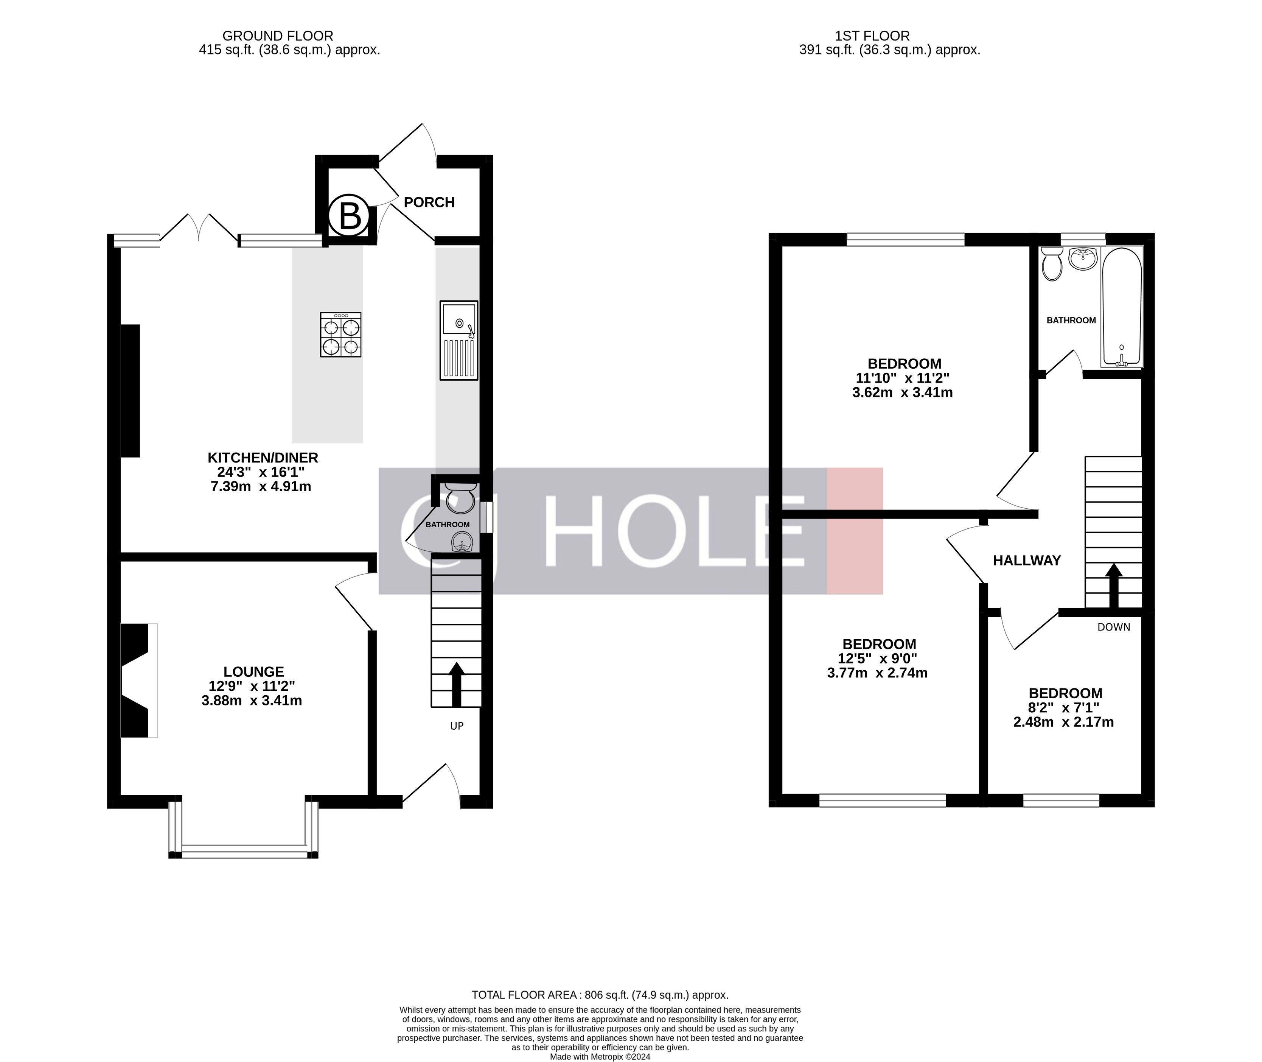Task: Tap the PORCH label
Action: click(429, 202)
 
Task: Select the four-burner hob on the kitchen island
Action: click(340, 335)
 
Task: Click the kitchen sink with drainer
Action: click(458, 340)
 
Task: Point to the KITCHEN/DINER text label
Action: click(263, 458)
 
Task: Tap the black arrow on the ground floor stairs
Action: click(457, 683)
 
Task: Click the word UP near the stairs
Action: click(457, 726)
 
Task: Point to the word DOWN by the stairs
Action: click(1113, 627)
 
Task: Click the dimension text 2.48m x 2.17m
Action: click(1063, 722)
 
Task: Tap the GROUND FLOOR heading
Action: click(277, 36)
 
